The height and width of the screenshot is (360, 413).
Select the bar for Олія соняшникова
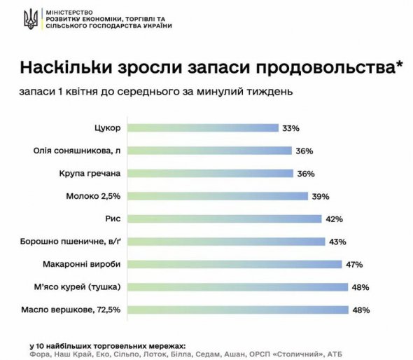pyautogui.click(x=211, y=150)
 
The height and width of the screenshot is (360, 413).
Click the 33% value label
pyautogui.click(x=290, y=128)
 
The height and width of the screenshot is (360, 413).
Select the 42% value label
pyautogui.click(x=333, y=219)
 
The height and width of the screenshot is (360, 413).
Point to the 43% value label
pyautogui.click(x=337, y=241)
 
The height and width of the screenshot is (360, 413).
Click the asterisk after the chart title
pyautogui.click(x=399, y=66)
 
